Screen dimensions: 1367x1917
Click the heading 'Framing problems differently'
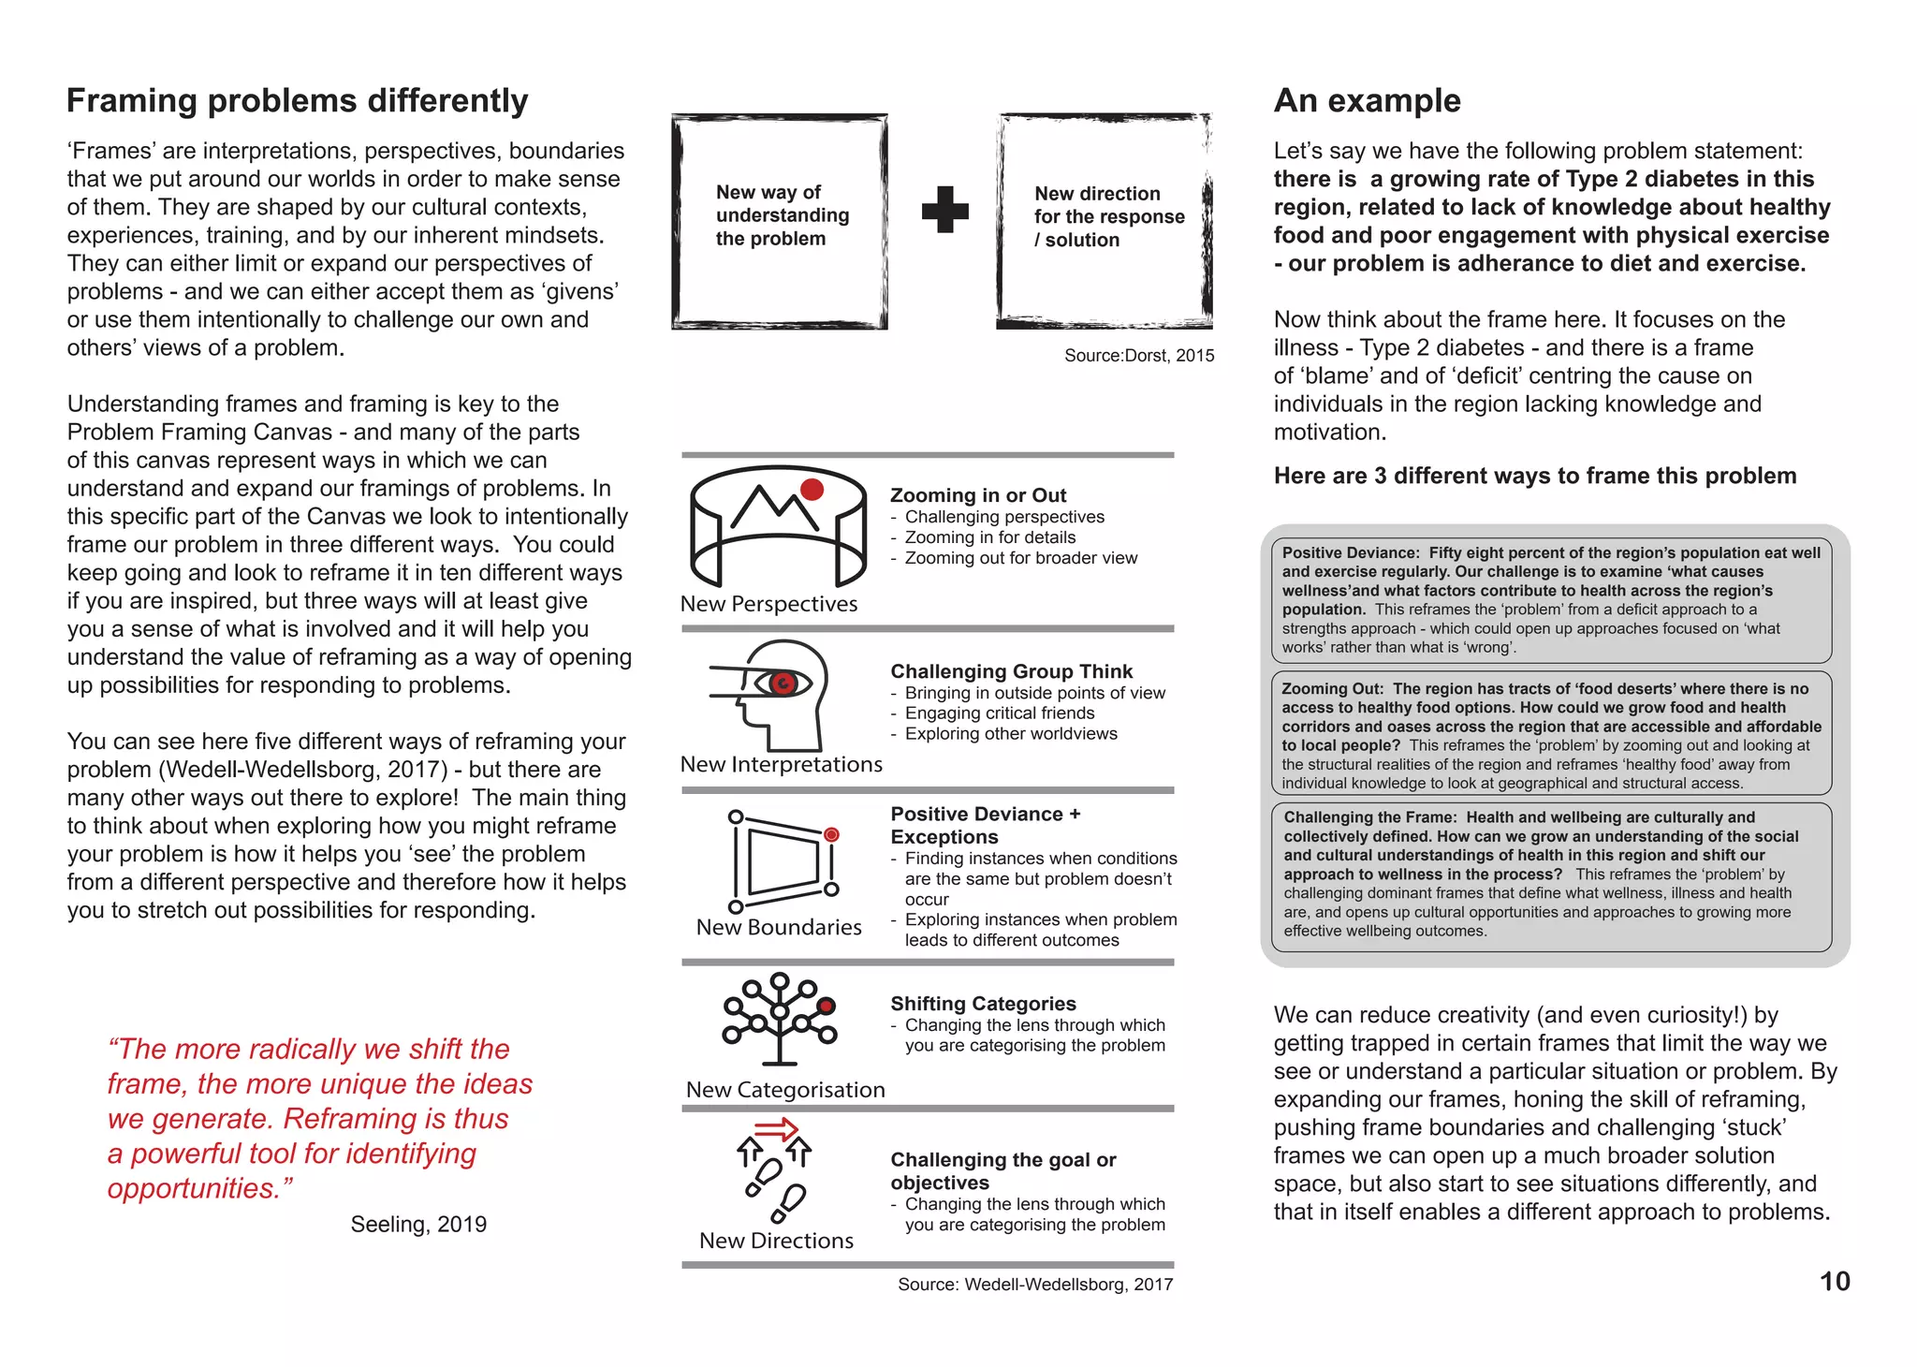click(x=297, y=101)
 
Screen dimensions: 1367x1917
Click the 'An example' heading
click(x=1367, y=101)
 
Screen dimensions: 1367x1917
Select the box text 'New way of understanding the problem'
click(x=782, y=215)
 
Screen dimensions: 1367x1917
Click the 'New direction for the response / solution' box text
click(x=1108, y=216)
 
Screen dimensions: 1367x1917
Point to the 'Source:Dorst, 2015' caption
click(x=1138, y=356)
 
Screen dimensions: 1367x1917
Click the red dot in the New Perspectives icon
click(x=812, y=489)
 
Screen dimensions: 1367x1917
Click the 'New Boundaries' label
click(x=779, y=927)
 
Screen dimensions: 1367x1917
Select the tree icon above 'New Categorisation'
click(x=779, y=1019)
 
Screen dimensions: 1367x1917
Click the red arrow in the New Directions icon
click(x=775, y=1130)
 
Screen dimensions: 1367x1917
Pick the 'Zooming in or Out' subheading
click(x=977, y=495)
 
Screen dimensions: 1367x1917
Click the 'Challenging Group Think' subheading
click(x=1011, y=671)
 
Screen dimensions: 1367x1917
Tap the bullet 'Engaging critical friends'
click(x=999, y=713)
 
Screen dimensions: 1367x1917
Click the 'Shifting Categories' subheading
click(x=983, y=1004)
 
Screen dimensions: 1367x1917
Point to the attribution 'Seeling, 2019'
click(x=418, y=1225)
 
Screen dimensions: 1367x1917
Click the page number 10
click(x=1834, y=1281)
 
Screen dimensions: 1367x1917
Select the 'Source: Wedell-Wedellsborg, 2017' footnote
click(x=1034, y=1285)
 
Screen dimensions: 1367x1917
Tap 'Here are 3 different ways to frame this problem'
click(x=1534, y=476)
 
